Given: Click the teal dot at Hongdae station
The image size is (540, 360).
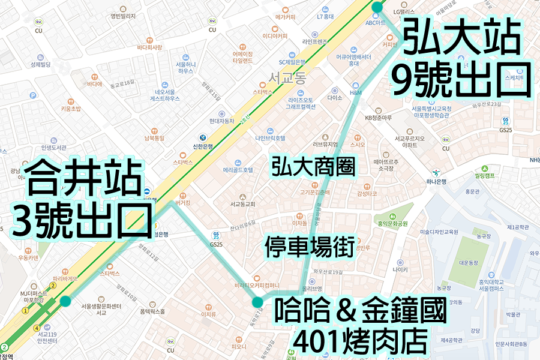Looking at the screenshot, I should pyautogui.click(x=377, y=7).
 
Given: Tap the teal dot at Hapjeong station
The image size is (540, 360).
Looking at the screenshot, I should pyautogui.click(x=65, y=301).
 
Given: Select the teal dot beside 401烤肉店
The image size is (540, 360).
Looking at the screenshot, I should pyautogui.click(x=257, y=302).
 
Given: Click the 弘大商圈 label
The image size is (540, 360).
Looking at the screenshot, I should pyautogui.click(x=313, y=166).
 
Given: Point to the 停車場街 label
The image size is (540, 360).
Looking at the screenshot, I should pyautogui.click(x=309, y=247).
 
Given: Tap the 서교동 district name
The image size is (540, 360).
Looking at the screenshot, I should pyautogui.click(x=287, y=77).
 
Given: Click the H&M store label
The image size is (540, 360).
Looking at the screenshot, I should pyautogui.click(x=355, y=93).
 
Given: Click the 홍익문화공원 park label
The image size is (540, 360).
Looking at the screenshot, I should pyautogui.click(x=392, y=224).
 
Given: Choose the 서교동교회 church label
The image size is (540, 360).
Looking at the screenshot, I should pyautogui.click(x=242, y=204).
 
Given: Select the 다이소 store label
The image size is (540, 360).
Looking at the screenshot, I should pyautogui.click(x=335, y=98).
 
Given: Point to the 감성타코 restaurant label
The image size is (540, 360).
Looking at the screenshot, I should pyautogui.click(x=367, y=194).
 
